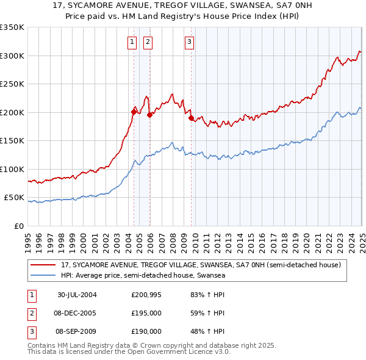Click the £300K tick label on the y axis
pyautogui.click(x=12, y=56)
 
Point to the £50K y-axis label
pyautogui.click(x=14, y=198)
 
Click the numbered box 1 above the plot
pyautogui.click(x=132, y=42)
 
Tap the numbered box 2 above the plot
pyautogui.click(x=148, y=42)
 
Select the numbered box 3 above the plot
pyautogui.click(x=190, y=42)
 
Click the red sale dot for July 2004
pyautogui.click(x=134, y=111)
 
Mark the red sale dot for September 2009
pyautogui.click(x=191, y=118)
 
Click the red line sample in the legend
pyautogui.click(x=43, y=265)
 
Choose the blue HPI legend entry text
pyautogui.click(x=143, y=275)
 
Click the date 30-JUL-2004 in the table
pyautogui.click(x=77, y=295)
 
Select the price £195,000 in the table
pyautogui.click(x=146, y=313)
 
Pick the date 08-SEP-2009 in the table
pyautogui.click(x=77, y=331)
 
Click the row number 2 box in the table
pyautogui.click(x=31, y=313)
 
